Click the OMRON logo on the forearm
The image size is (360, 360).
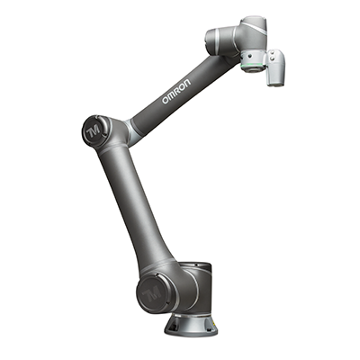click(x=176, y=91)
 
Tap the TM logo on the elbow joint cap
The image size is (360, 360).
click(x=94, y=131)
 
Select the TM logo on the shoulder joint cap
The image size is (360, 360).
click(x=152, y=293)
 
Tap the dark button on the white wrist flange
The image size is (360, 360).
click(x=249, y=57)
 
